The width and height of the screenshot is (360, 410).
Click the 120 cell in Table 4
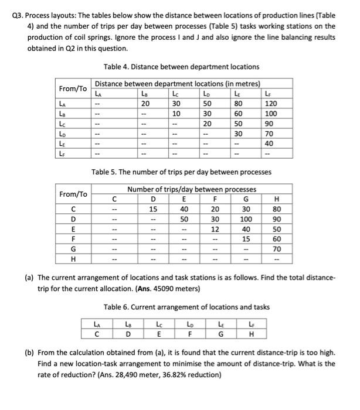click(x=302, y=102)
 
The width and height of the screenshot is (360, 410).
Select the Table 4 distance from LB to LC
click(x=174, y=113)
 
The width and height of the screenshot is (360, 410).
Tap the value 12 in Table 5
click(x=216, y=228)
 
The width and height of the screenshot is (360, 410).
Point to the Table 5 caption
click(x=182, y=173)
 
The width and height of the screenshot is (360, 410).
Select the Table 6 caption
click(x=186, y=306)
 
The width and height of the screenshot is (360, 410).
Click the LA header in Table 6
click(x=96, y=325)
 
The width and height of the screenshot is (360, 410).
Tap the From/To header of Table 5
click(x=73, y=193)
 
